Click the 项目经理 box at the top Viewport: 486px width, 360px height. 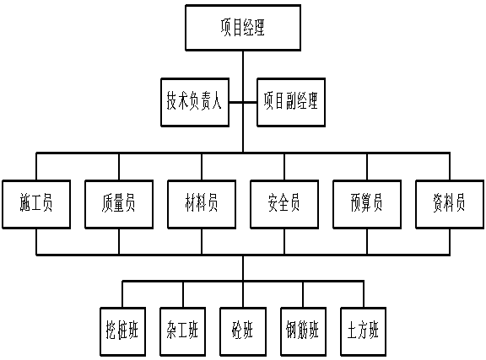click(243, 28)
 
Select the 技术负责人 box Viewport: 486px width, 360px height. click(195, 102)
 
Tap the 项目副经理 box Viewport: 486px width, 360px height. click(291, 102)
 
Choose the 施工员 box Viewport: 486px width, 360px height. click(36, 204)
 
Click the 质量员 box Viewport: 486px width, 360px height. click(119, 204)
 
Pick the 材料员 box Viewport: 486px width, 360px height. click(202, 204)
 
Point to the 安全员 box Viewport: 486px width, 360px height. click(284, 204)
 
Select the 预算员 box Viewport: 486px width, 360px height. click(367, 204)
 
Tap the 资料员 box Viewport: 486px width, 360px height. click(450, 204)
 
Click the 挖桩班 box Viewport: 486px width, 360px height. click(122, 331)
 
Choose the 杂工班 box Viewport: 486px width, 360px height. click(183, 331)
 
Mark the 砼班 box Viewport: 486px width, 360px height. click(243, 331)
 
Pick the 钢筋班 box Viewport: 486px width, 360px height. click(304, 331)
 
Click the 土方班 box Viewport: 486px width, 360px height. click(364, 331)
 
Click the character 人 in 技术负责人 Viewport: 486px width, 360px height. click(217, 100)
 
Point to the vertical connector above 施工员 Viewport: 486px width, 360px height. click(36, 166)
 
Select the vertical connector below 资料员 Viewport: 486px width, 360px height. click(450, 242)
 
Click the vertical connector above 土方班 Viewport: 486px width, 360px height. click(364, 294)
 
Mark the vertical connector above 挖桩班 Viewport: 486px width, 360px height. click(122, 294)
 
